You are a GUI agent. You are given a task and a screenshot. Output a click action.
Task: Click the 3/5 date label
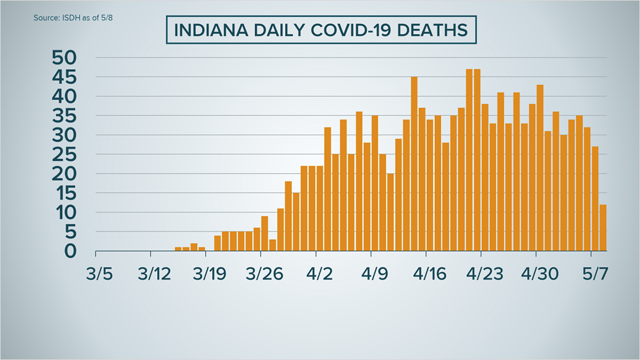(x=99, y=276)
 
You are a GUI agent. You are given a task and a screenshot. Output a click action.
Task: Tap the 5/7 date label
(x=595, y=276)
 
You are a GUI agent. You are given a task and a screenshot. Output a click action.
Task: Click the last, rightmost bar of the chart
(x=603, y=227)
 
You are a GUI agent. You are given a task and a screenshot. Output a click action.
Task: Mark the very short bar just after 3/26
(x=273, y=245)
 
